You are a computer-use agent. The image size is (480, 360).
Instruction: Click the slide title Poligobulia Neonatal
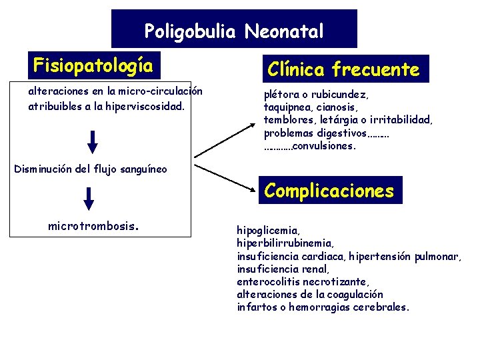(x=234, y=31)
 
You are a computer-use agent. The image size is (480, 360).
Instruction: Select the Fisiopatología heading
(x=93, y=65)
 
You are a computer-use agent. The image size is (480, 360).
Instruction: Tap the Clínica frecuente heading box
(x=343, y=69)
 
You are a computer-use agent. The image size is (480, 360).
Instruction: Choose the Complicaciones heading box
(x=329, y=191)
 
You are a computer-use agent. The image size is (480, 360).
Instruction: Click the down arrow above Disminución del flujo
(x=93, y=141)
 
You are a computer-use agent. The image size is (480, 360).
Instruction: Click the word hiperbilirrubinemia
(x=285, y=243)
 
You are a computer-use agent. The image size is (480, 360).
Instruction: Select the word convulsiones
(x=324, y=146)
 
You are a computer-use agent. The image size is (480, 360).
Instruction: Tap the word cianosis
(x=337, y=107)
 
